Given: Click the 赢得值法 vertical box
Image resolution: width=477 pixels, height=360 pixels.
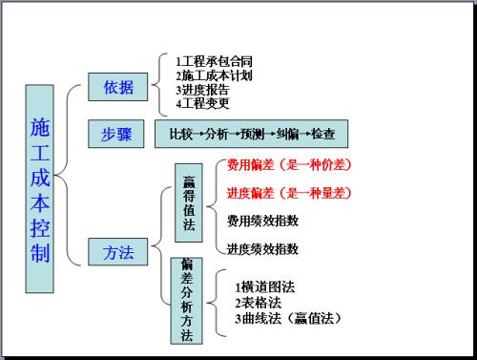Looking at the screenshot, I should point(187,201).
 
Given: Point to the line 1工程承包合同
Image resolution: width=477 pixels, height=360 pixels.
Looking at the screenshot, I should point(215,61).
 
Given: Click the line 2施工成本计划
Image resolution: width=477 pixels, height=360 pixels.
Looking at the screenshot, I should point(215,75).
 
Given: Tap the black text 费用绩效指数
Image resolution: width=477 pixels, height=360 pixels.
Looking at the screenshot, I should point(262,221).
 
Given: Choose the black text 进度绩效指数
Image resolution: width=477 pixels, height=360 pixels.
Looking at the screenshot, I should point(262,249).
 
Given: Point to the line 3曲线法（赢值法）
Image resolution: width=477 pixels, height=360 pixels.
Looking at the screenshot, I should point(287,317).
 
